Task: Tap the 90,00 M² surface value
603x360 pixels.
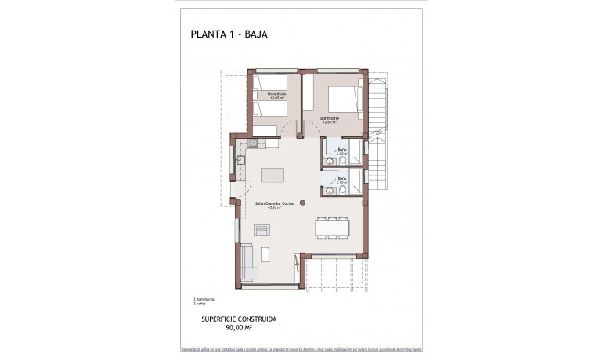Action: coord(239,329)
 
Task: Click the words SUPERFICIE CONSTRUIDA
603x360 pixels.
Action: coord(239,319)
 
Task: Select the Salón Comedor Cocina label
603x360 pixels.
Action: coord(273,206)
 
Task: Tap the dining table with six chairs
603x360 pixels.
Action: coord(332,227)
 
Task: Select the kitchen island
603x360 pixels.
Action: coord(273,175)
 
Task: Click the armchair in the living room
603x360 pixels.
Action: coord(262,229)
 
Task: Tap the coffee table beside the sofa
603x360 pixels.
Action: coord(265,254)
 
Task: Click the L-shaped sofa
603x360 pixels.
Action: coord(249,262)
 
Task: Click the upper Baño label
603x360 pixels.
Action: coord(342,149)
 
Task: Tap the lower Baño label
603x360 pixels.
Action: coord(342,179)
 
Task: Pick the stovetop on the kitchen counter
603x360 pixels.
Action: coord(252,143)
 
